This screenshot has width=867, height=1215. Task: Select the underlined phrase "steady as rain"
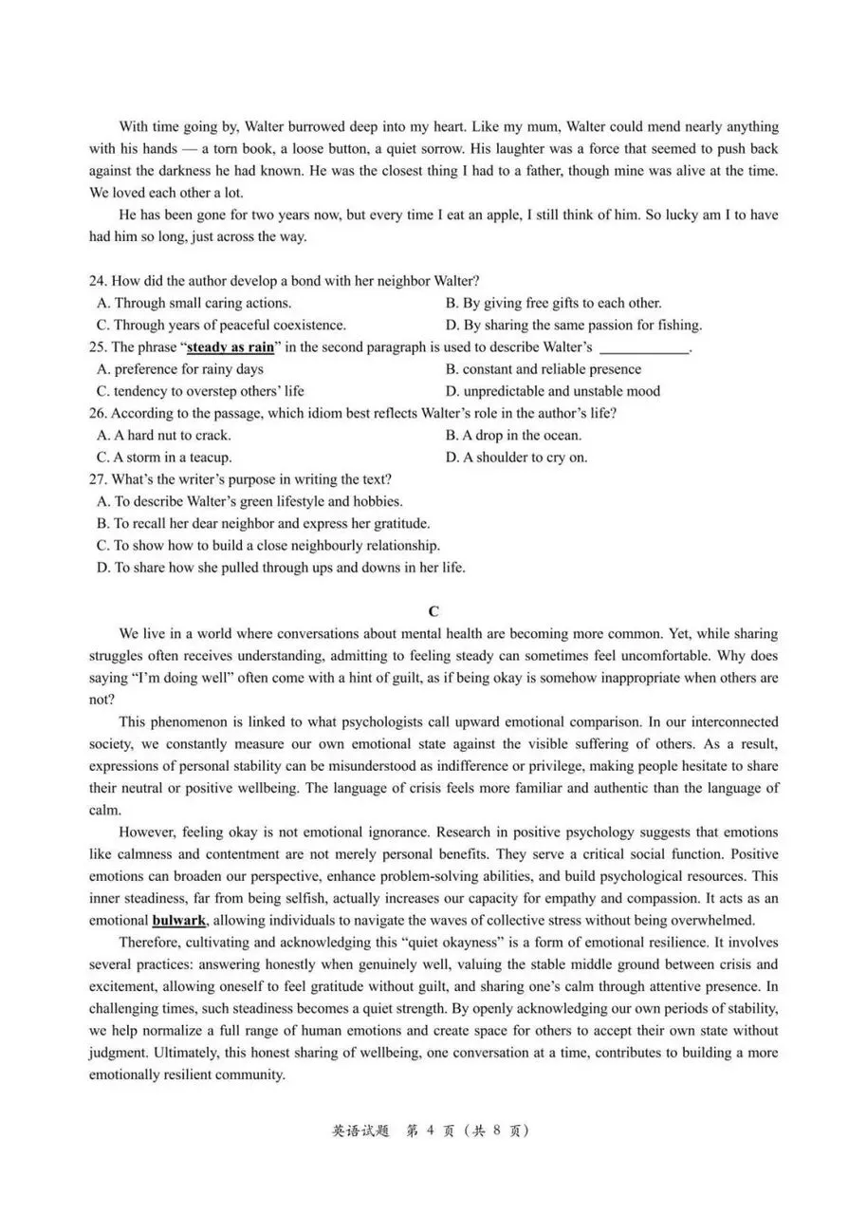(x=231, y=347)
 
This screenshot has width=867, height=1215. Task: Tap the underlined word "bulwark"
(x=179, y=920)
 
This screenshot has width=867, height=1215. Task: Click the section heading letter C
(x=433, y=611)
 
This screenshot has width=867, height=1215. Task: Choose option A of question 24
(x=194, y=303)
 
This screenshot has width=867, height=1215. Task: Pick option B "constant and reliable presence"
(x=543, y=369)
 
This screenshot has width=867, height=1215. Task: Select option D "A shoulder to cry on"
(x=516, y=458)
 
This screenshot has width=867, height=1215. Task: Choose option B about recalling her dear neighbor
(x=264, y=523)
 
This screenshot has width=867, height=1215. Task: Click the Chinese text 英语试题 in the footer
(x=360, y=1131)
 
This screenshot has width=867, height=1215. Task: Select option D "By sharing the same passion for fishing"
(x=573, y=325)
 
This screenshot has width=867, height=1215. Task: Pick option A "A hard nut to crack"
(x=164, y=436)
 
